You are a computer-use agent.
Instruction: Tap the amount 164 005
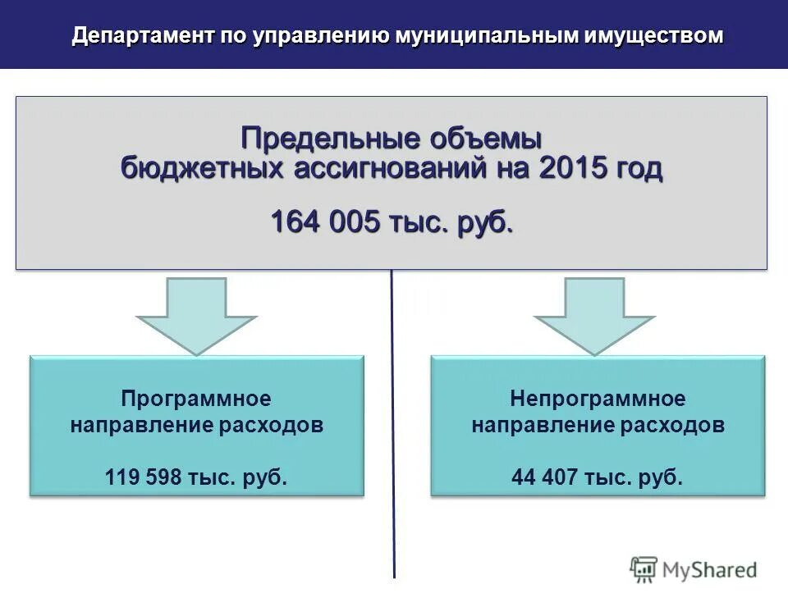tap(324, 221)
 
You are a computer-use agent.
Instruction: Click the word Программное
tap(196, 399)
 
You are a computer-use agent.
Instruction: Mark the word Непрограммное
tap(598, 399)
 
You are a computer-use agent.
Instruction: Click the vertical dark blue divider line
tap(393, 427)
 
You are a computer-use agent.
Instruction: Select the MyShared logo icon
tap(644, 569)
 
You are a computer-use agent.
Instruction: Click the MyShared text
tap(709, 569)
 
